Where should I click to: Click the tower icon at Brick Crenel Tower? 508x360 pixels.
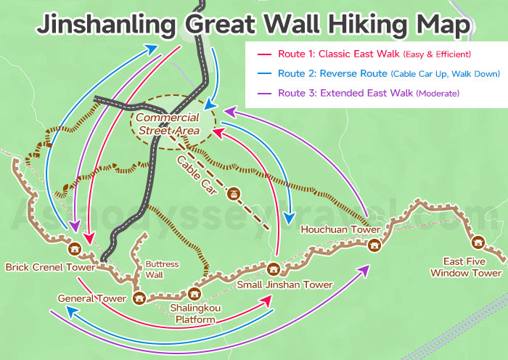[73, 249]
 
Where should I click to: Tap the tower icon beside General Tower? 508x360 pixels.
[139, 297]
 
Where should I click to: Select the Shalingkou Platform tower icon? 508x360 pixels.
[193, 293]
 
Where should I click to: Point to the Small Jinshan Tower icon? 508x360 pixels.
[274, 269]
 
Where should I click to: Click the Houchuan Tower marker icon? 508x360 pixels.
[373, 245]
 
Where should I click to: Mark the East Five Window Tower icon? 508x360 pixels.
[478, 242]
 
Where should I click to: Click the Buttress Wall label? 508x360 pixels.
[162, 269]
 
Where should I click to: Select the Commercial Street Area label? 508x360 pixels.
[168, 124]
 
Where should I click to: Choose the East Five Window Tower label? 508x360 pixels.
[465, 268]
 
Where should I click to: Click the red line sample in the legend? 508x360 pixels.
[262, 54]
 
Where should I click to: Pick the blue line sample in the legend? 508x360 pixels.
[262, 74]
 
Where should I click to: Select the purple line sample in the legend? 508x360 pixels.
[262, 94]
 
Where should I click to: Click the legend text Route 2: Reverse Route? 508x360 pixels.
[333, 74]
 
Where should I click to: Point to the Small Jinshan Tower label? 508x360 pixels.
[284, 285]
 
